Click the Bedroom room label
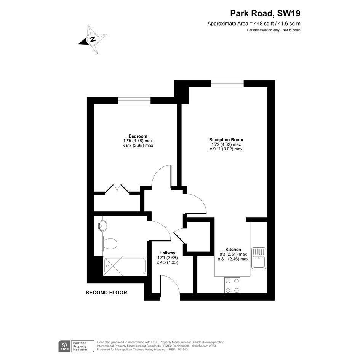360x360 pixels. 138,136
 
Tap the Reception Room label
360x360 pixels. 226,139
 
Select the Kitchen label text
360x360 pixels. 233,250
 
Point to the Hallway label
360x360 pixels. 167,253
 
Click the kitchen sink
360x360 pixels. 259,258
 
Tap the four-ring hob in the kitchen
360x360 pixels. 232,285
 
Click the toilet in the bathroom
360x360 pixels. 110,243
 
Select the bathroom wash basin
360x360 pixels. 102,226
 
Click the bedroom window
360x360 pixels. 134,101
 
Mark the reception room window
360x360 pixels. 227,83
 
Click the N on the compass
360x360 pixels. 93,39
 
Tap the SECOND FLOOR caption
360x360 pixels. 106,293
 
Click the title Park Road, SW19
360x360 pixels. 265,13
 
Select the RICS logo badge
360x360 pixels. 64,346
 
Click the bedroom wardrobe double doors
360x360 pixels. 117,188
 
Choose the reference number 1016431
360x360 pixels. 182,350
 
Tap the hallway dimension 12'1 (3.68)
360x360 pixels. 167,258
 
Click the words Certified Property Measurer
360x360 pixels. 80,346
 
